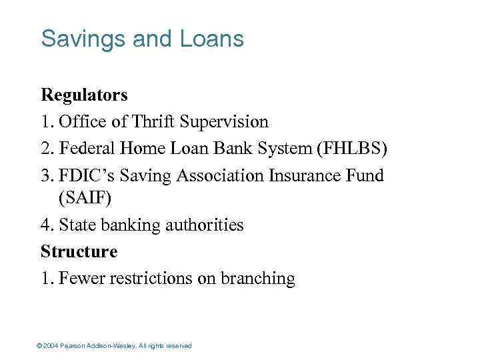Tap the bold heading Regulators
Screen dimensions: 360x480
pyautogui.click(x=84, y=95)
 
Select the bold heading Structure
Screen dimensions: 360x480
pyautogui.click(x=79, y=251)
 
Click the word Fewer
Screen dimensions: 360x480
pyautogui.click(x=81, y=278)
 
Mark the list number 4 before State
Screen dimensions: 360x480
pyautogui.click(x=45, y=225)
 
